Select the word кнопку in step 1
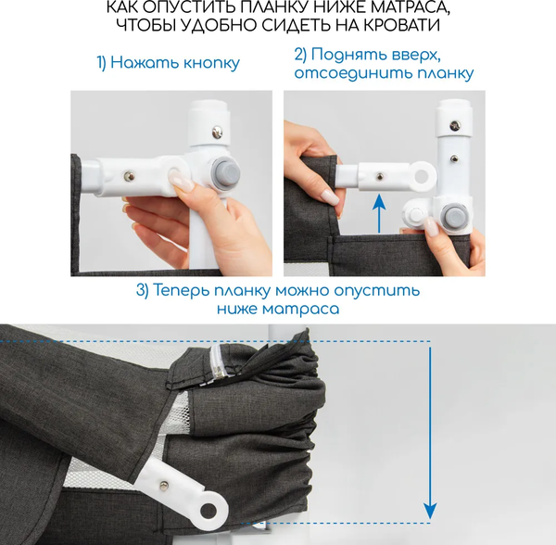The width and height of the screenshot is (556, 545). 211,63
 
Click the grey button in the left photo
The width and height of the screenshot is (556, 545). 225,172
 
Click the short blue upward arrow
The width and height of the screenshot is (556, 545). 380,213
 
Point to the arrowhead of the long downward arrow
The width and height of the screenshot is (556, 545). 431,512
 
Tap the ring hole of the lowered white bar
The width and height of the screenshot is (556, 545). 208,511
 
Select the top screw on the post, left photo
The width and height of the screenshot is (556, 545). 217,133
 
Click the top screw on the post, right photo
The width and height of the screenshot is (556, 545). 455,125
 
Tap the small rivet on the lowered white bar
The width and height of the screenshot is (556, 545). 164,486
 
